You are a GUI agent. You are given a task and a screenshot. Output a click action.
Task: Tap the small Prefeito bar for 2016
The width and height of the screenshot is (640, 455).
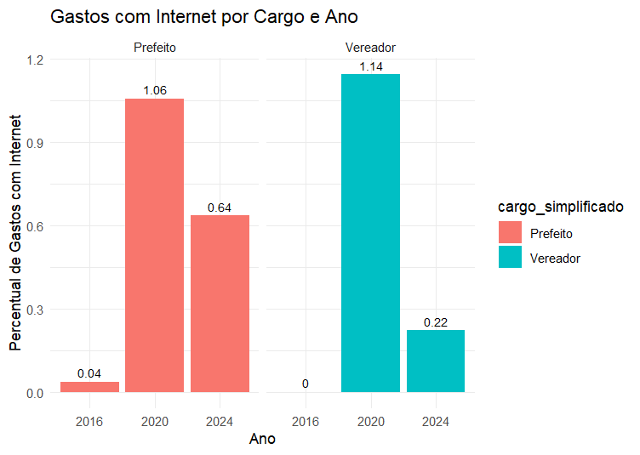click(89, 387)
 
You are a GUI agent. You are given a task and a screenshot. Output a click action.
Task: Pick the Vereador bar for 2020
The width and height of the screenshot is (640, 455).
click(370, 233)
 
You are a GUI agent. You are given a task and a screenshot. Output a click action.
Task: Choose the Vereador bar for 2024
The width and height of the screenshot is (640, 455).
click(435, 361)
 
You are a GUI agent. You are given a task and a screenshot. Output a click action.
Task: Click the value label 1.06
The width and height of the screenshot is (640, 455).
click(155, 91)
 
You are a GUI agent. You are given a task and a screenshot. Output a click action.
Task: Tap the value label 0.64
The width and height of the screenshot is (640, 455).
click(220, 208)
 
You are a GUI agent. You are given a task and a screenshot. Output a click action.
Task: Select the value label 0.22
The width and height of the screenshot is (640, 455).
click(435, 322)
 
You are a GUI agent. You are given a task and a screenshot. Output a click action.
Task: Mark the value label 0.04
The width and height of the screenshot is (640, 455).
click(89, 373)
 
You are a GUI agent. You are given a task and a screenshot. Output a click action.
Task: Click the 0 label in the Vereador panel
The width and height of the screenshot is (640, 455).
click(306, 384)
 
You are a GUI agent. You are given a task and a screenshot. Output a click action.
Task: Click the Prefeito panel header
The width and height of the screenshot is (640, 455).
click(155, 48)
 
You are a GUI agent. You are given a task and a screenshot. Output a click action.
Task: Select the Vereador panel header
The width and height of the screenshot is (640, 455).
click(370, 48)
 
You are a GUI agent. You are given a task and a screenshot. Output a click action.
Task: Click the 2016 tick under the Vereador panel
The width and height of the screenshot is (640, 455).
click(306, 421)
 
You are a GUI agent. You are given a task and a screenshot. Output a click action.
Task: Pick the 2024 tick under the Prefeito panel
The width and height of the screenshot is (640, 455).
click(220, 421)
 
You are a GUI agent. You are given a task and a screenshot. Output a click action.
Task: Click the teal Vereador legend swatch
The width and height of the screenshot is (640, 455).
click(510, 258)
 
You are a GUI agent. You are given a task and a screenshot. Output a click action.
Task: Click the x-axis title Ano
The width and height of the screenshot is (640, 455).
click(261, 440)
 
